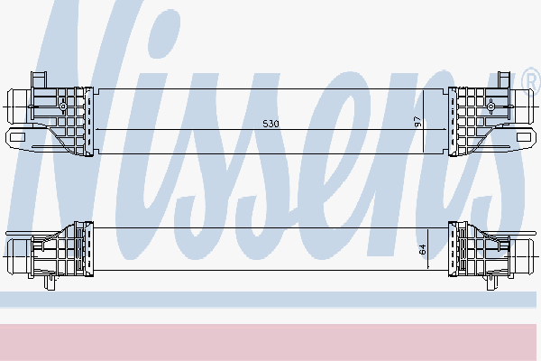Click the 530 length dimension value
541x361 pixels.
(x=270, y=123)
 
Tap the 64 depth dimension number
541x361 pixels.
(x=422, y=249)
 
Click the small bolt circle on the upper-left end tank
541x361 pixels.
(x=63, y=106)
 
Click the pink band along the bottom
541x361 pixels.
(x=270, y=341)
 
